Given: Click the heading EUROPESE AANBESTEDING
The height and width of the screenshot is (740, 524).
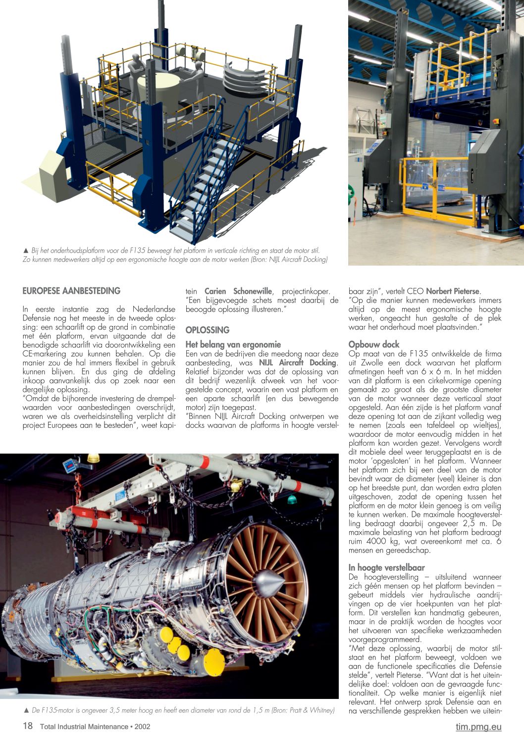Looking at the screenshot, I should [x=71, y=291].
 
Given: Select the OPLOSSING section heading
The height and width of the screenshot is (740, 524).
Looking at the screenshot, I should [x=208, y=330].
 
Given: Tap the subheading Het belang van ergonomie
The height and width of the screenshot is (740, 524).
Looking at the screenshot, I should [x=233, y=344].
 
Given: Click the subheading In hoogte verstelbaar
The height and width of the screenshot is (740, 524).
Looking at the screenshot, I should [x=386, y=567].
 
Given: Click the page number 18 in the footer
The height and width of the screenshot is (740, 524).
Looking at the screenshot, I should [x=28, y=726].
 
